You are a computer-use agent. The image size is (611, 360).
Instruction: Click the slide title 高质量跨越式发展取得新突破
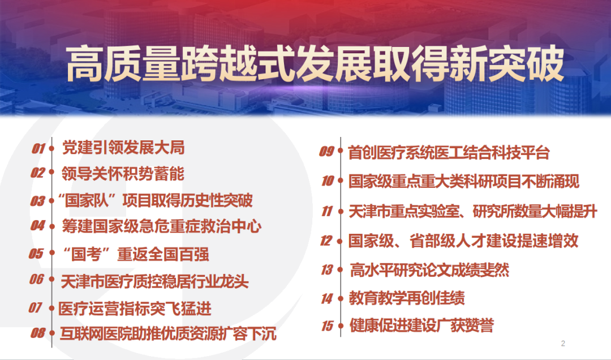[315, 64]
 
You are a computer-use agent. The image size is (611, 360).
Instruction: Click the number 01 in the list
[38, 148]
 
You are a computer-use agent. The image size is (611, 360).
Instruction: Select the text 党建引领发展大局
[123, 148]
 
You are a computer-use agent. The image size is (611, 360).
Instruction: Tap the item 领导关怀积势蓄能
[123, 174]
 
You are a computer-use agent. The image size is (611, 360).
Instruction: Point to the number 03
[37, 201]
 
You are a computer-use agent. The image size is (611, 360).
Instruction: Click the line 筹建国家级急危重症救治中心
[161, 226]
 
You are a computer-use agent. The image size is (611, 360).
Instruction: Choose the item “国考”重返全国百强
[135, 254]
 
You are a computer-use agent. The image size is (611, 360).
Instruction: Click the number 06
[37, 279]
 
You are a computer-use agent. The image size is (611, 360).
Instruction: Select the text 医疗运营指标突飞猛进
[135, 308]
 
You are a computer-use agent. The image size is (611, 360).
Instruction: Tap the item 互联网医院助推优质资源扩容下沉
[168, 333]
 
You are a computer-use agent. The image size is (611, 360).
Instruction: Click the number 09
[326, 151]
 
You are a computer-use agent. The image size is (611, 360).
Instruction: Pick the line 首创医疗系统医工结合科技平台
[449, 152]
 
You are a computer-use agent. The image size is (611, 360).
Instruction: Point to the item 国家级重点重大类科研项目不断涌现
[464, 181]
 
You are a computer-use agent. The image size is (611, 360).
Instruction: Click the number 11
[327, 211]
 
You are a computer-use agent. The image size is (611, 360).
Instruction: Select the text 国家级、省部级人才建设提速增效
[463, 241]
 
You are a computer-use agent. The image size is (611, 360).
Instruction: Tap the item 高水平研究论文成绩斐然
[429, 269]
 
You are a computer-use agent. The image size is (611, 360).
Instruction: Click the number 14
[327, 299]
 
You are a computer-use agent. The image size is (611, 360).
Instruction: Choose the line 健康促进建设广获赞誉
[421, 325]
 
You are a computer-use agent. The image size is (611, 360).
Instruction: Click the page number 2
[563, 343]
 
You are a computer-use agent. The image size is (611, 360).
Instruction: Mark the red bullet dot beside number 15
[341, 325]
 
